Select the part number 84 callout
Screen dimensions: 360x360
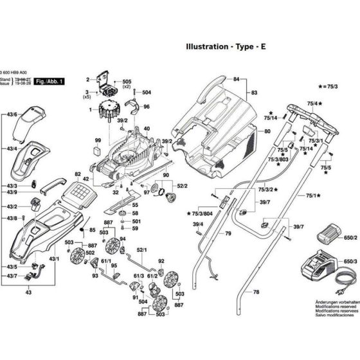(x=236, y=79)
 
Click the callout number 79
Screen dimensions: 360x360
(x=227, y=233)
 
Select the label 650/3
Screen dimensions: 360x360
(x=350, y=262)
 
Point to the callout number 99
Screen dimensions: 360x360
(x=98, y=140)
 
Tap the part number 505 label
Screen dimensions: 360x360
(x=126, y=82)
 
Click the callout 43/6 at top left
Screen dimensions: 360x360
(x=12, y=114)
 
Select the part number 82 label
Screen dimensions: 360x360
(x=77, y=174)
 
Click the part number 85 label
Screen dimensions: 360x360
(x=92, y=230)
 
